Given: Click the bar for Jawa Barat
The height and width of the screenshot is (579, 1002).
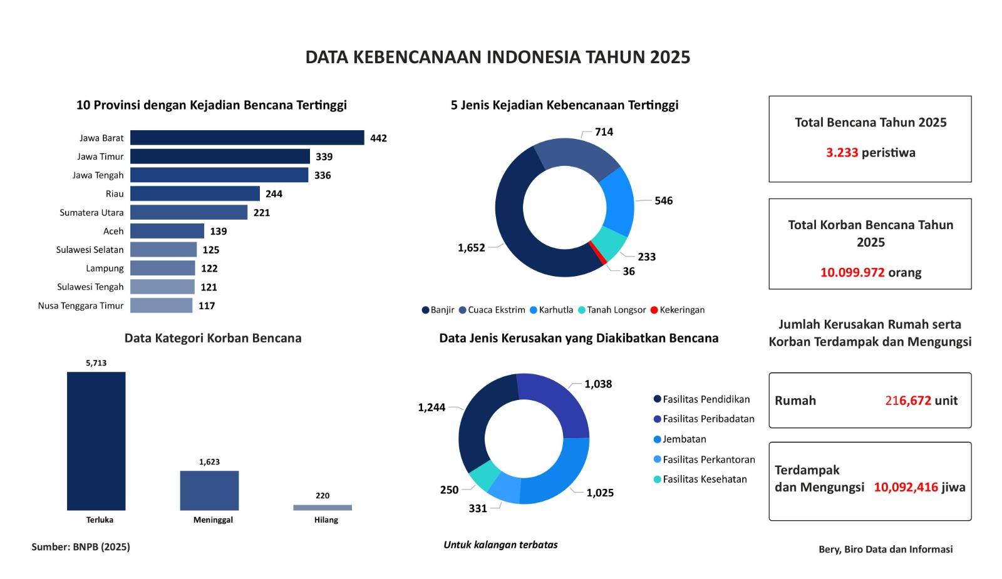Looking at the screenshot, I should coord(247,138).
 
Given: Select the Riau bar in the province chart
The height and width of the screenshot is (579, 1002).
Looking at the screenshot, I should coord(195,193).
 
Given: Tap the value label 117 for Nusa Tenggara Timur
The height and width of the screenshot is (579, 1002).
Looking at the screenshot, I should coord(207,306).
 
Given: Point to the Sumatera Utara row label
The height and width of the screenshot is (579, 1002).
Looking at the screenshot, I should coord(91,213).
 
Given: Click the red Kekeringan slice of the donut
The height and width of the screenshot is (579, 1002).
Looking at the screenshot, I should coord(598,252).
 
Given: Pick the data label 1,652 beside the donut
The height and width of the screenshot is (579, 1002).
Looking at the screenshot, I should coord(471,248).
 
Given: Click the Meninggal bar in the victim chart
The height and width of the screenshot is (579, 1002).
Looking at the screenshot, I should coord(209,490).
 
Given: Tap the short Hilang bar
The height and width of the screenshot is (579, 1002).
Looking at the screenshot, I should coord(323,508).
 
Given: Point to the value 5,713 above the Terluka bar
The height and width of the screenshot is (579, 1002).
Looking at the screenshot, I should coord(96,363).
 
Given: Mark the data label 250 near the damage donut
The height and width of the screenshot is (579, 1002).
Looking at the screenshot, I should coord(449,490).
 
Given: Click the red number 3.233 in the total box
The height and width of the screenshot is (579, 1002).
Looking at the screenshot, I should coord(842,153).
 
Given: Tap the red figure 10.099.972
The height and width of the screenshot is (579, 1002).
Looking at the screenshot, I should coord(852,273).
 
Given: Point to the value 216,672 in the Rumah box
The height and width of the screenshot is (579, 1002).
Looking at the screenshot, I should coord(908,401).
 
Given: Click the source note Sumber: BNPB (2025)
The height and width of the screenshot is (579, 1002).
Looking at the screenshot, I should coord(81,547).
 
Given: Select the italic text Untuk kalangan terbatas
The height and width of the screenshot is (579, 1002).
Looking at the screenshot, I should coord(500,545).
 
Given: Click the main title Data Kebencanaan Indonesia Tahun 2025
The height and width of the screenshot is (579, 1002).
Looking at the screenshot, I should coord(498,57).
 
